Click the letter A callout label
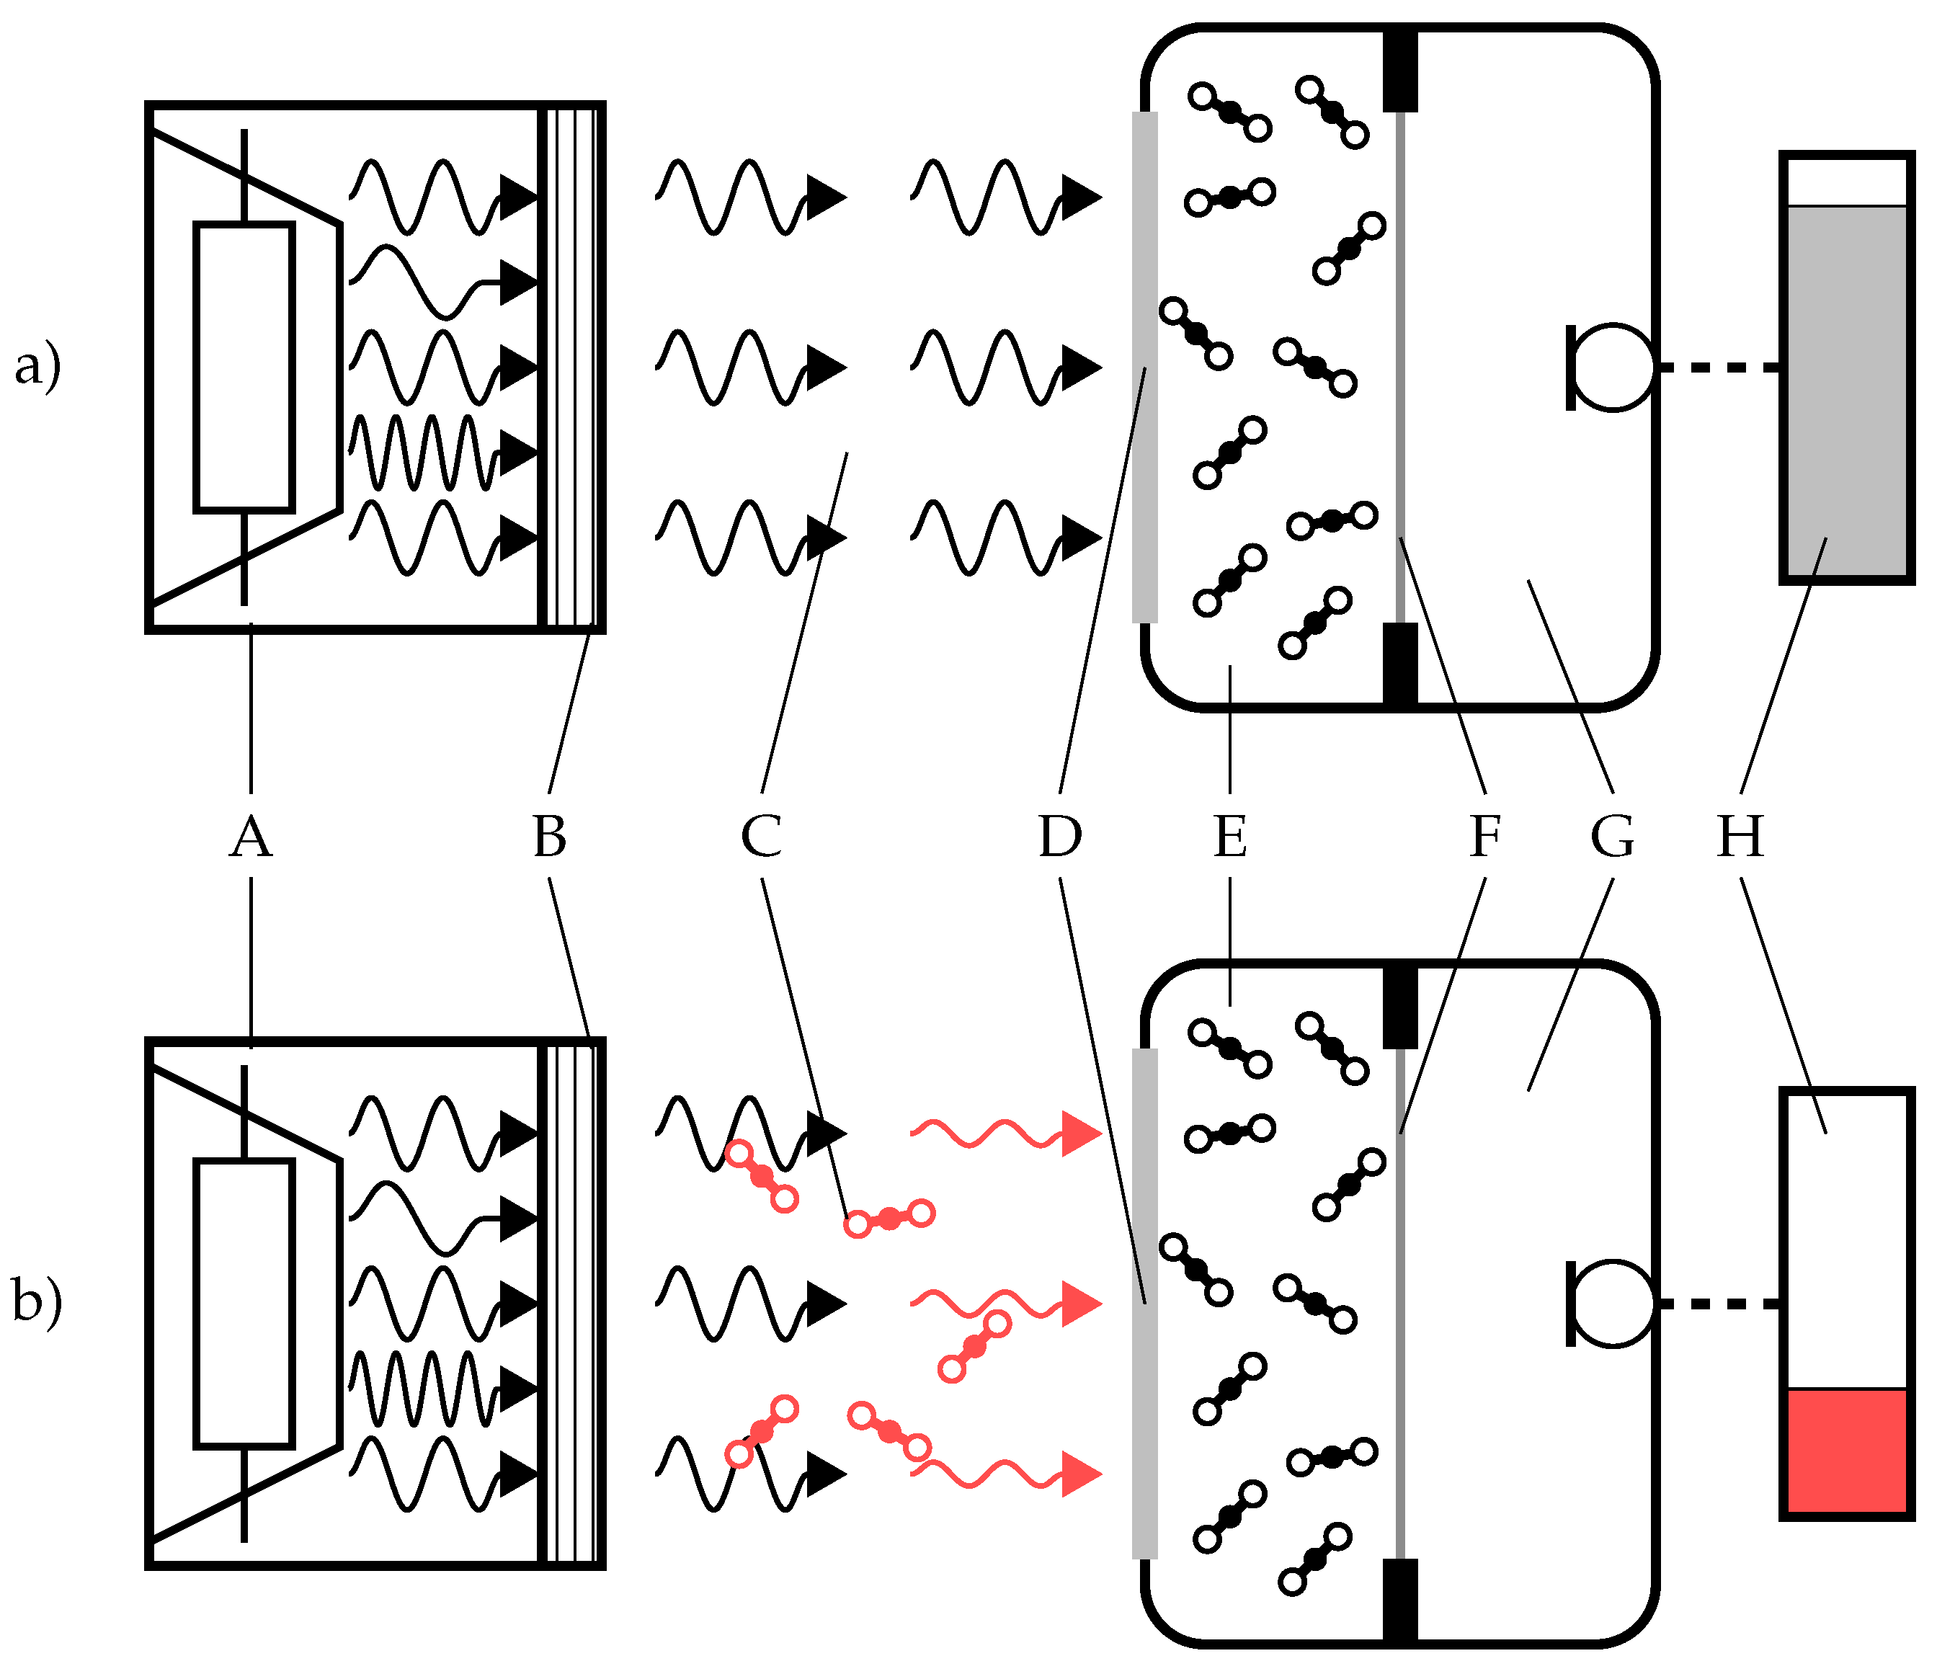(251, 837)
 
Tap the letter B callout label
(550, 837)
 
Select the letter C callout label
(762, 837)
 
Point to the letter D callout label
(1060, 837)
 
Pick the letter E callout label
(1230, 837)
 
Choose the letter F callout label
(1484, 837)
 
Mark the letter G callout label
(1613, 837)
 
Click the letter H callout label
(1741, 837)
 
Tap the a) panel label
(37, 365)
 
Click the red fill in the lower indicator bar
(1846, 1448)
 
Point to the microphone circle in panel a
(1613, 368)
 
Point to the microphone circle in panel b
(1613, 1304)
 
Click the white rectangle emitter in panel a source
(245, 368)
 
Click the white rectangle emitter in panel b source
(245, 1304)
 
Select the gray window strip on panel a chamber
(1145, 368)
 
